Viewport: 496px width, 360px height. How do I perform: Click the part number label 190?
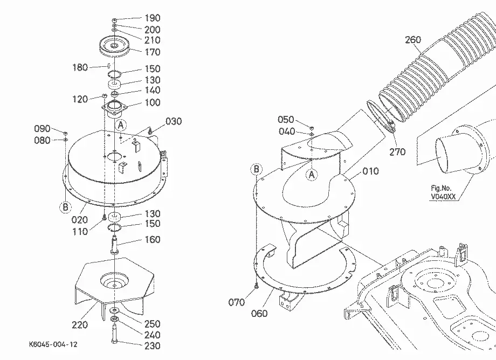(153, 18)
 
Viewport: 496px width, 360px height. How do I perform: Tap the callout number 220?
(80, 324)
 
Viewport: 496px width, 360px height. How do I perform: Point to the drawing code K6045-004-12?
(53, 344)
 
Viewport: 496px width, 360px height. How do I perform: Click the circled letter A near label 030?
(121, 126)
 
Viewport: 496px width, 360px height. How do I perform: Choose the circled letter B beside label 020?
(65, 207)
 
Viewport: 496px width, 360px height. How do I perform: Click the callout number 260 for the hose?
(413, 40)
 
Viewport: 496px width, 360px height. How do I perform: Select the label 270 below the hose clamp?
(397, 152)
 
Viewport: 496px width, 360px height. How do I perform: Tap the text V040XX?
(443, 197)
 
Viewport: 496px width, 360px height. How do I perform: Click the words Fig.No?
(441, 189)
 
